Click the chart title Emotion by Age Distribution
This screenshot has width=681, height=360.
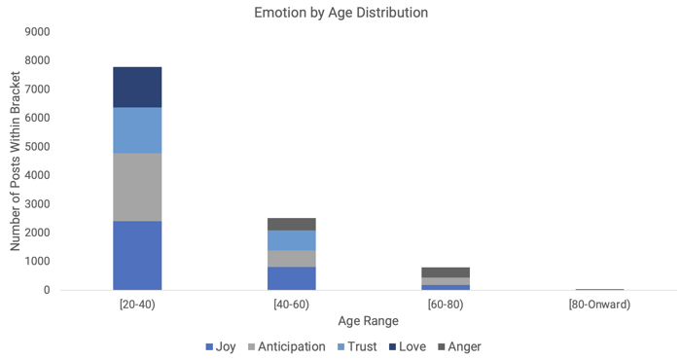340,13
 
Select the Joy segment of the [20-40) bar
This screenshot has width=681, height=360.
137,255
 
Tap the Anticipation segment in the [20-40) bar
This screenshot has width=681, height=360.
137,187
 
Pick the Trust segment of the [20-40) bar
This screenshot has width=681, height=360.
137,129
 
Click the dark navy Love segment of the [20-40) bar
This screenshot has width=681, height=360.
137,87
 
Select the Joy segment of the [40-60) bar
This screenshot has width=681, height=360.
291,278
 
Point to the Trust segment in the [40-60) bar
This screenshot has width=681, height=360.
291,240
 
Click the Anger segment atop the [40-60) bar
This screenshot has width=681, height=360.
291,224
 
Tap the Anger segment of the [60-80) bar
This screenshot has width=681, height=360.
446,271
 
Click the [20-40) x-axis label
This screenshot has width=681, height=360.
137,305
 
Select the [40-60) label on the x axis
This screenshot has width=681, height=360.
291,305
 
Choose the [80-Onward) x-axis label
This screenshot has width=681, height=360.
599,305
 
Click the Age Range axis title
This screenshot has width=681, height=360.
368,320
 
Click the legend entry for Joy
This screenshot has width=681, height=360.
220,346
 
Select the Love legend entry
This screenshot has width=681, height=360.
406,346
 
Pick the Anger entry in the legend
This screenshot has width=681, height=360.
458,346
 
